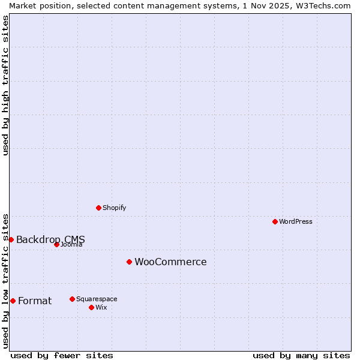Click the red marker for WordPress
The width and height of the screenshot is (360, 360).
coord(275,221)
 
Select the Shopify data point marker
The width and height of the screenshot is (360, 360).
coord(98,208)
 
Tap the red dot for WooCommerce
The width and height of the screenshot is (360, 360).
coord(129,262)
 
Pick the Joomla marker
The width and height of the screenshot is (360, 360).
coord(56,244)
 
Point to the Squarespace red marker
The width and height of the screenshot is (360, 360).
coord(72,299)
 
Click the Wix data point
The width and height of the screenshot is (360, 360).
coord(91,307)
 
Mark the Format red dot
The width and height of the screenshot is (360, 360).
coord(13,301)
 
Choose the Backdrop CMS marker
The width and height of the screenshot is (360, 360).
coord(11,239)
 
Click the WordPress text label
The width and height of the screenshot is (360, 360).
coord(296,221)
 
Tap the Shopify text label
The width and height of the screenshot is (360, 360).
coord(114,208)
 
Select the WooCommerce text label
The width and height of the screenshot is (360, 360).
coord(170,262)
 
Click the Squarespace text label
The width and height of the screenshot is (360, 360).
coord(97,299)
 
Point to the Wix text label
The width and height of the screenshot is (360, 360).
coord(101,307)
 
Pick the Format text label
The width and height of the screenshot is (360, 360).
coord(35,301)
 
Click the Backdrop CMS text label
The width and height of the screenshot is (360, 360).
coord(50,239)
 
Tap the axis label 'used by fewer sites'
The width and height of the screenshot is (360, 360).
coord(62,355)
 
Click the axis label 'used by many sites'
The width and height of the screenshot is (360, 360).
coord(301,355)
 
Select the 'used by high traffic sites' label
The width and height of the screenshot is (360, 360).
coord(5,85)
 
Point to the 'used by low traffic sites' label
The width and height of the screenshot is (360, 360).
coord(5,281)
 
